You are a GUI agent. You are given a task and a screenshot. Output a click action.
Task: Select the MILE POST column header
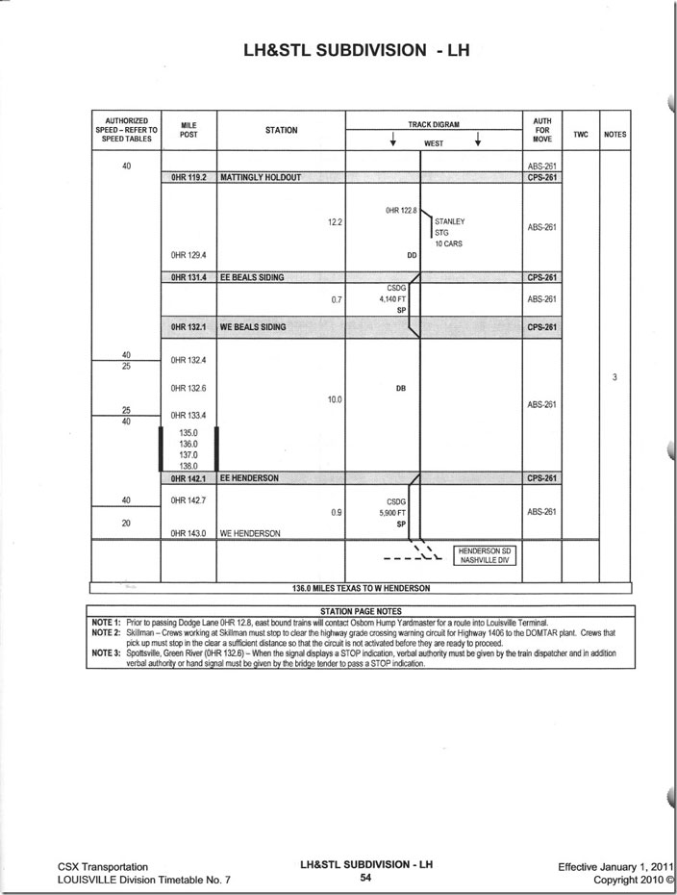pyautogui.click(x=188, y=130)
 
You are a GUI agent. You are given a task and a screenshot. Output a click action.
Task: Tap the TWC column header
pyautogui.click(x=580, y=135)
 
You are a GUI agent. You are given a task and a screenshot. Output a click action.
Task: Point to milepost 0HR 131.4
pyautogui.click(x=188, y=277)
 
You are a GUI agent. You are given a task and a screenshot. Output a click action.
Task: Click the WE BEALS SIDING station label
pyautogui.click(x=253, y=327)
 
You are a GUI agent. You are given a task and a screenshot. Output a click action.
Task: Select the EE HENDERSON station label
pyautogui.click(x=249, y=478)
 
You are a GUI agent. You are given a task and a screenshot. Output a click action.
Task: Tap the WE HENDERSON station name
pyautogui.click(x=250, y=533)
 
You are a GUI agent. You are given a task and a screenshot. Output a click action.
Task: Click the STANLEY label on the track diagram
pyautogui.click(x=449, y=221)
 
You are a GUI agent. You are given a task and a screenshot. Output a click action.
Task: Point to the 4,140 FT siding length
pyautogui.click(x=396, y=299)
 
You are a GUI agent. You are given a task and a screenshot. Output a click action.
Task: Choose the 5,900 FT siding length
pyautogui.click(x=396, y=513)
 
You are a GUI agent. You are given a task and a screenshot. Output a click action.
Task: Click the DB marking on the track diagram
pyautogui.click(x=401, y=389)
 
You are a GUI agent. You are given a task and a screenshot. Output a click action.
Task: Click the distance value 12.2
pyautogui.click(x=335, y=222)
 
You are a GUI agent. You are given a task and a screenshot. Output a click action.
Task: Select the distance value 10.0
pyautogui.click(x=335, y=398)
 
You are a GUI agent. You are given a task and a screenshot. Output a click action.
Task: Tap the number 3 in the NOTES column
pyautogui.click(x=614, y=378)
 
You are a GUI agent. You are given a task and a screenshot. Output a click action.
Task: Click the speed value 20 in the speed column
pyautogui.click(x=126, y=523)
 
